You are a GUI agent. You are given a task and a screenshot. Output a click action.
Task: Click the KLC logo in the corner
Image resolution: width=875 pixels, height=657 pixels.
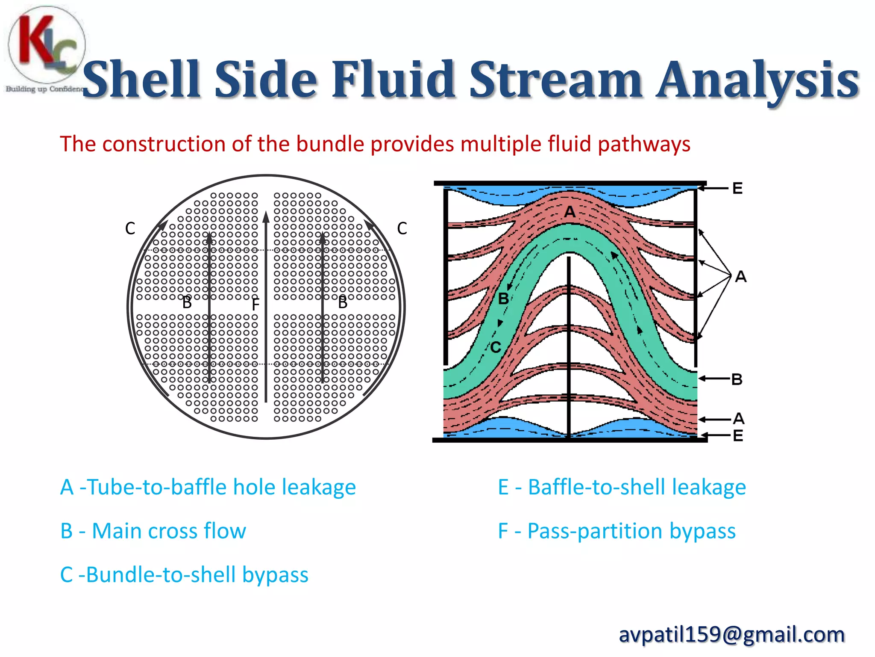(x=46, y=47)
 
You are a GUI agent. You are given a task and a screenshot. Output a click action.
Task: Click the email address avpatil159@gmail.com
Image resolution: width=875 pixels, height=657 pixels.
(x=731, y=634)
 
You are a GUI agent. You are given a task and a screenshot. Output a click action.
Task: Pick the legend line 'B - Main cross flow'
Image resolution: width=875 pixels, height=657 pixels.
(x=153, y=531)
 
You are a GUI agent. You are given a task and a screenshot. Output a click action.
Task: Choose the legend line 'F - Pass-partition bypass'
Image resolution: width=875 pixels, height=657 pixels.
(x=617, y=531)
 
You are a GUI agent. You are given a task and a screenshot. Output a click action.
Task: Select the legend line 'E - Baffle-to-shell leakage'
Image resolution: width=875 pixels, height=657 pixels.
(x=622, y=487)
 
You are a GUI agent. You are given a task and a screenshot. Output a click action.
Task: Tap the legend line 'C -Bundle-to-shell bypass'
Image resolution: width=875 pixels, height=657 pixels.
(x=184, y=574)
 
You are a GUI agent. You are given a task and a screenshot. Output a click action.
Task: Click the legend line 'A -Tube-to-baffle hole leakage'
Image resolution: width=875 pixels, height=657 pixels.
(x=208, y=487)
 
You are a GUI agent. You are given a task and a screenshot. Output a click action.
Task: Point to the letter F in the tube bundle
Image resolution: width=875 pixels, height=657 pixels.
(x=255, y=305)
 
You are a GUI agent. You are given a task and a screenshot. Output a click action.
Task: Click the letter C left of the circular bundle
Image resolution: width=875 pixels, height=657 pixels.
(x=130, y=228)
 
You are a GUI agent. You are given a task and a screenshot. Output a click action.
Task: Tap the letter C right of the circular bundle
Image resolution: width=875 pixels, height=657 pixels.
(x=402, y=228)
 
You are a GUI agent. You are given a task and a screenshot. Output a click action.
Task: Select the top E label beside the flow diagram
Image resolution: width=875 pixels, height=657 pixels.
(x=737, y=188)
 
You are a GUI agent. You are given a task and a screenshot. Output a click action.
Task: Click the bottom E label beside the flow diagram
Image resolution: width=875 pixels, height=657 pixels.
(x=738, y=436)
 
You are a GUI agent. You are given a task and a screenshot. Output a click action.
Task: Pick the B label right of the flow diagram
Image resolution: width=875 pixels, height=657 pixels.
(x=737, y=379)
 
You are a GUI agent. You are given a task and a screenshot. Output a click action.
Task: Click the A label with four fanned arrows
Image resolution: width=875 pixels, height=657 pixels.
(x=741, y=277)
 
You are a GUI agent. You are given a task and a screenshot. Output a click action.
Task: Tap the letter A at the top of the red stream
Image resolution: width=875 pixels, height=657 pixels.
(x=570, y=212)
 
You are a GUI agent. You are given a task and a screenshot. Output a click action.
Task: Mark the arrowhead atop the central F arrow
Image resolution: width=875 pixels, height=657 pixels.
(x=266, y=216)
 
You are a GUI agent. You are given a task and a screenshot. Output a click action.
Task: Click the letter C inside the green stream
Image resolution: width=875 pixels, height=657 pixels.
(x=496, y=347)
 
